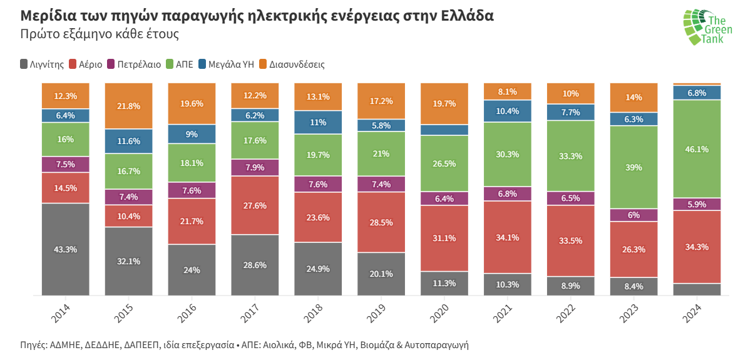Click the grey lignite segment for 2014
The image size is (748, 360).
[66, 249]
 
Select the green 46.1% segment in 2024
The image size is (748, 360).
[697, 149]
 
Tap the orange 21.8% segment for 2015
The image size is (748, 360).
[128, 106]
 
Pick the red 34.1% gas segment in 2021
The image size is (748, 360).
[507, 237]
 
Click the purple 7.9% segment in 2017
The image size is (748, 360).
[255, 167]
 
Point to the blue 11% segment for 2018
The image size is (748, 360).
[318, 122]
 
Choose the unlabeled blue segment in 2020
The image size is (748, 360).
[444, 130]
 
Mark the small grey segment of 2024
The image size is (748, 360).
[697, 289]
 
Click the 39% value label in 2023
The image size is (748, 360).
[633, 167]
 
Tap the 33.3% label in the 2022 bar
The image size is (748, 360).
[570, 156]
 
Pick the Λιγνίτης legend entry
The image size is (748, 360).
[43, 64]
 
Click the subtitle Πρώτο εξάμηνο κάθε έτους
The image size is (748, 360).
[100, 34]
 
